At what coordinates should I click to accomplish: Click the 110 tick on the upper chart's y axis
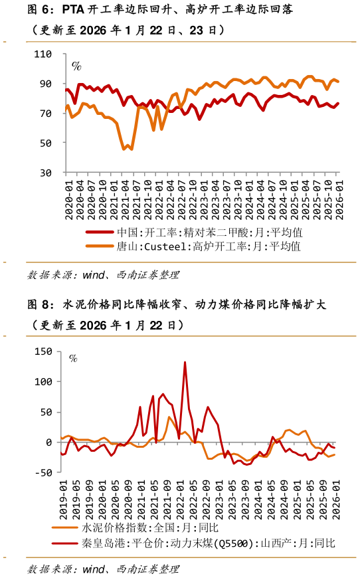click(x=44, y=54)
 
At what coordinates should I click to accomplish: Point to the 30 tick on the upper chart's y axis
click(x=46, y=173)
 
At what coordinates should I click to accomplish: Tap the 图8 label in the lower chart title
click(x=39, y=305)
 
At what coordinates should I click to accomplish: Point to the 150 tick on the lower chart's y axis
click(x=42, y=351)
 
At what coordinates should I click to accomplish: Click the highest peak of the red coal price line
click(x=185, y=362)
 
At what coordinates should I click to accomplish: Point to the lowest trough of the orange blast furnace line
click(x=124, y=149)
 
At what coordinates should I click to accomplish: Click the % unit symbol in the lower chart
click(x=73, y=358)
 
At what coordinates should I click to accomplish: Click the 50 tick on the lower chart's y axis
click(x=46, y=412)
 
